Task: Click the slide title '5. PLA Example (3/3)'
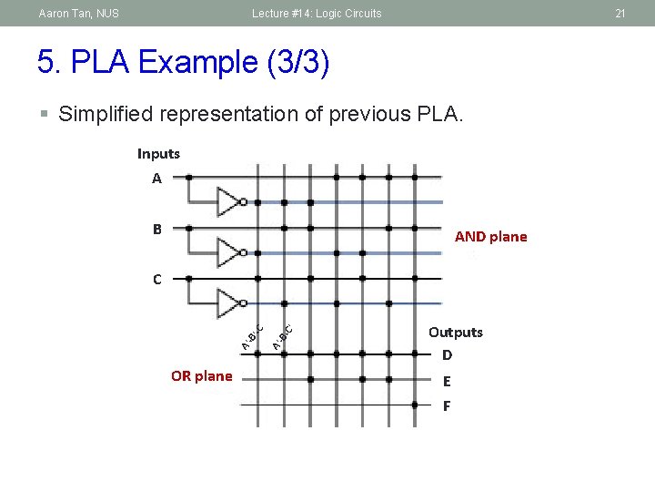tap(183, 63)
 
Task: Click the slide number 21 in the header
tap(620, 14)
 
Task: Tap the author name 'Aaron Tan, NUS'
tap(78, 14)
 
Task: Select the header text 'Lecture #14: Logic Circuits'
tap(317, 14)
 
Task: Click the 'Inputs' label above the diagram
tap(158, 154)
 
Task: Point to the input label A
tap(156, 179)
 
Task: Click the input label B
tap(156, 230)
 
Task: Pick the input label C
tap(156, 280)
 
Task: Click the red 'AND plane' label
tap(490, 237)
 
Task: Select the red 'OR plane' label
tap(201, 376)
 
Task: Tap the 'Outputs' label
tap(456, 333)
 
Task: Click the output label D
tap(447, 354)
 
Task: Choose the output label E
tap(447, 382)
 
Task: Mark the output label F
tap(447, 406)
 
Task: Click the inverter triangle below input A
tap(228, 201)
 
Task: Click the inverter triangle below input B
tap(228, 251)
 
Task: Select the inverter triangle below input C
tap(228, 302)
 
